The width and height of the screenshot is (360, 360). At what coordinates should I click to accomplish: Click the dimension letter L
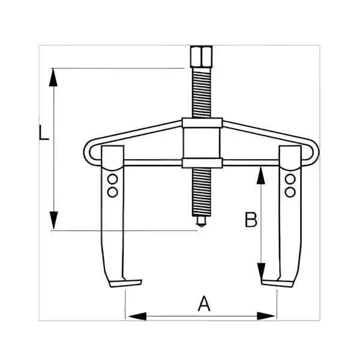click(x=44, y=132)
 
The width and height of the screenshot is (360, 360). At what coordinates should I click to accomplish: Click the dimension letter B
click(x=251, y=220)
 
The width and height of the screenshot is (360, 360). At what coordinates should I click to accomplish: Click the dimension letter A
click(x=204, y=304)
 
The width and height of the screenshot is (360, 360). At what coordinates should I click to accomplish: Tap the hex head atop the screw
click(x=202, y=56)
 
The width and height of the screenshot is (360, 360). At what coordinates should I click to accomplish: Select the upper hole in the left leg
click(x=113, y=179)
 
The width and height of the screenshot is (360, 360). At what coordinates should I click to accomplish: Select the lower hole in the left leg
click(x=113, y=192)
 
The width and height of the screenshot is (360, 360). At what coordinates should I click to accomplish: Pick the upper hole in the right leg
click(x=290, y=179)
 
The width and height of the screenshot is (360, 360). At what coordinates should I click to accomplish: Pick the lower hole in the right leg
click(x=290, y=192)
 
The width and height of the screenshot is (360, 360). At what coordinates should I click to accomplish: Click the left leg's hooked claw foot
click(x=125, y=283)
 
